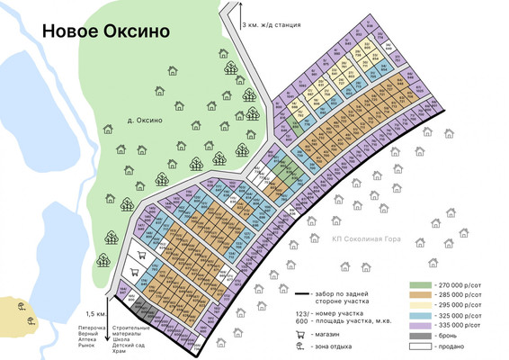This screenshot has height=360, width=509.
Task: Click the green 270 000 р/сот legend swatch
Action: click(x=421, y=284)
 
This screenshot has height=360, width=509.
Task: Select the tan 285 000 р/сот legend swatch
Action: click(x=421, y=294)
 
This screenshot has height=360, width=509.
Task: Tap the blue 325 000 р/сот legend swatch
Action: click(x=421, y=315)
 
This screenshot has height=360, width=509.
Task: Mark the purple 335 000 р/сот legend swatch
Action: click(x=421, y=325)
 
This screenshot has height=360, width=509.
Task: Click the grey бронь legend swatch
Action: click(x=421, y=335)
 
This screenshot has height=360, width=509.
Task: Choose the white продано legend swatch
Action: click(x=421, y=346)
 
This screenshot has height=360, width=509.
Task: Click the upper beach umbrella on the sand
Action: click(x=21, y=306)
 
